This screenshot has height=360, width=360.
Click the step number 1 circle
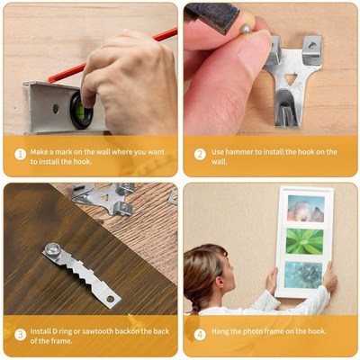coord(20,154)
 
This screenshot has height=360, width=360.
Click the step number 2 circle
coord(200,154)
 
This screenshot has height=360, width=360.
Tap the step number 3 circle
coord(20,334)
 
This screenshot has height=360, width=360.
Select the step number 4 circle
coord(200,334)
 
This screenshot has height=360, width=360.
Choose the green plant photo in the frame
coord(304,241)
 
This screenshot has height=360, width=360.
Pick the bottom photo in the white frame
coord(304,274)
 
